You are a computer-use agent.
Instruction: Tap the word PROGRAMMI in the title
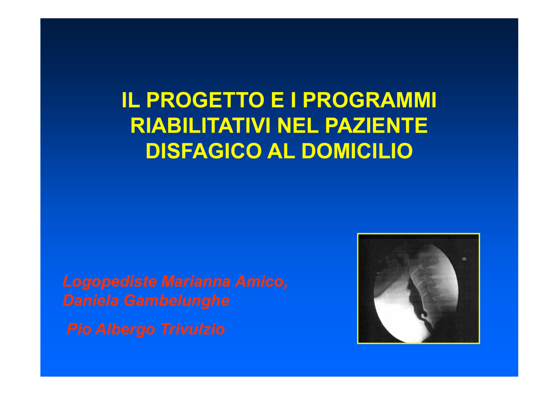[x=370, y=100]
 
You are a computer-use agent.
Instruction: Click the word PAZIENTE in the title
[x=376, y=125]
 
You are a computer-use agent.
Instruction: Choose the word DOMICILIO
[x=357, y=151]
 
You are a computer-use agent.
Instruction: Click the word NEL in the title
[x=298, y=125]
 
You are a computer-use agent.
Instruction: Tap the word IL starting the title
[x=130, y=100]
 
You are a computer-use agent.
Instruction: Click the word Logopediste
[x=110, y=282]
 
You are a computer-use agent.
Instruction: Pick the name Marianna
[x=196, y=282]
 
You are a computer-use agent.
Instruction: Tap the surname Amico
[x=261, y=282]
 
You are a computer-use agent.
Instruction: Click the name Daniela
[x=91, y=300]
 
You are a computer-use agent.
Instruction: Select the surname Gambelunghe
[x=176, y=301]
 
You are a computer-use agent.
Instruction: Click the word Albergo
[x=125, y=330]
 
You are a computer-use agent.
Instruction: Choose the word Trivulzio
[x=193, y=329]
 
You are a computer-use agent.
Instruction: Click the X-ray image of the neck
[x=419, y=289]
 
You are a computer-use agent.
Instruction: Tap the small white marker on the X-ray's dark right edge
[x=464, y=259]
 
